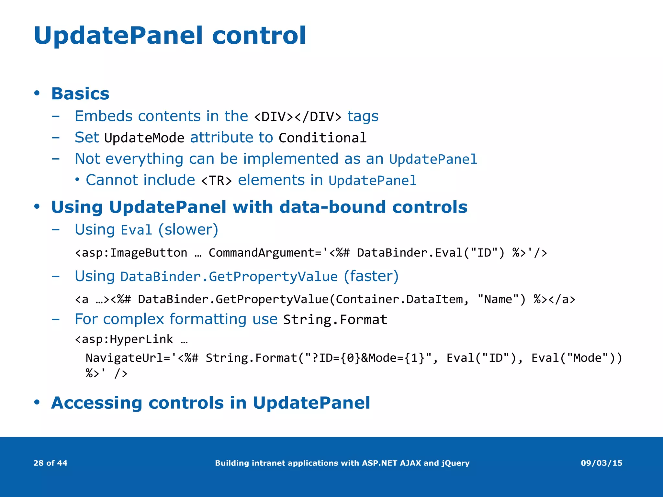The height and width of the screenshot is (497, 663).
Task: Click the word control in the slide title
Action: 258,36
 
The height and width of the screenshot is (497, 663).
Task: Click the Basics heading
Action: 80,94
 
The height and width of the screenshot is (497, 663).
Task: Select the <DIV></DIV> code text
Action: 298,117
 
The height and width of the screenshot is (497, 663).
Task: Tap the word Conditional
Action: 322,138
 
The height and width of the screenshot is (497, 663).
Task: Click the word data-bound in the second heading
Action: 332,207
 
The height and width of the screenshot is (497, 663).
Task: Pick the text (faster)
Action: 371,276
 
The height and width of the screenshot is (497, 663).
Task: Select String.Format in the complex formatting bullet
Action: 335,320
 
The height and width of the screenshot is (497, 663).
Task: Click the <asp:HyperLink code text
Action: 124,339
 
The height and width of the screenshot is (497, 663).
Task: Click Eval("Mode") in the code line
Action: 573,358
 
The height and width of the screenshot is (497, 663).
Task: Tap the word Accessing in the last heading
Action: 96,403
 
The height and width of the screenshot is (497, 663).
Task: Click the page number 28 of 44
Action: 51,463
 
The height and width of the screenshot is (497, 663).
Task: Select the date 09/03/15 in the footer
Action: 601,463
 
